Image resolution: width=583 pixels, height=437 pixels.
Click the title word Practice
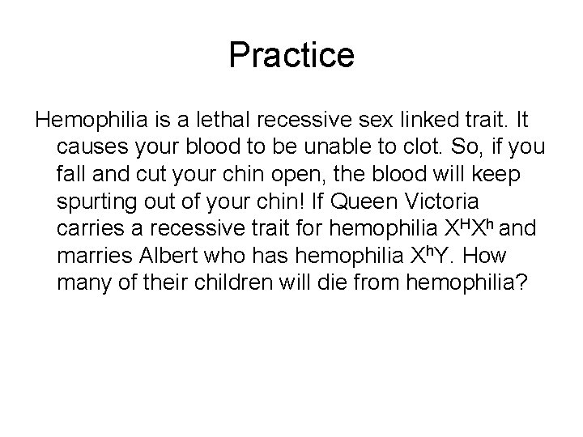click(291, 55)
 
